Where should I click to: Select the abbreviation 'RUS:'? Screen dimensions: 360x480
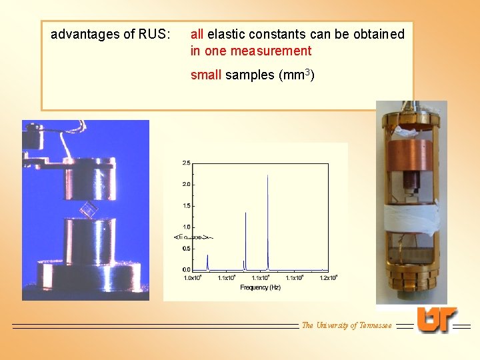point(154,34)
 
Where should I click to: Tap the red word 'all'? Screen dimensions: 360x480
point(197,34)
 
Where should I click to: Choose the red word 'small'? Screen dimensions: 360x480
point(206,75)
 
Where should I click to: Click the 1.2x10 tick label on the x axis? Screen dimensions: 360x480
point(328,277)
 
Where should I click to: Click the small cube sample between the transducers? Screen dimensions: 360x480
point(88,211)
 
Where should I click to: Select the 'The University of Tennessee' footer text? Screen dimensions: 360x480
point(347,325)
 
